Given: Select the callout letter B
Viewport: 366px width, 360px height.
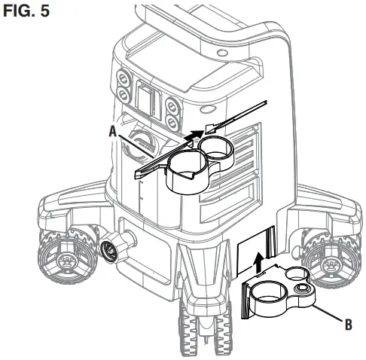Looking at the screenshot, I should coord(347,325).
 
